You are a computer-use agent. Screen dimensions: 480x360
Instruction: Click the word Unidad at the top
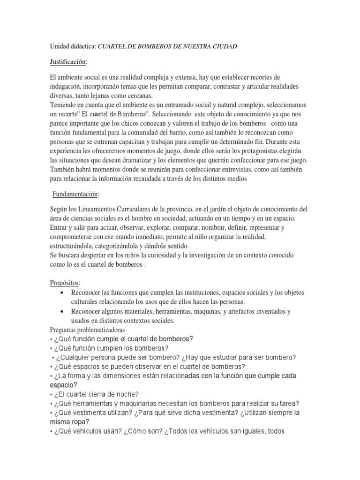click(59, 46)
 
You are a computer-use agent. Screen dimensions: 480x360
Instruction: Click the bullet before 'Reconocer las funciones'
click(62, 292)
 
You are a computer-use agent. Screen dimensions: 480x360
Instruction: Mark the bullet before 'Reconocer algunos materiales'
click(62, 311)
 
